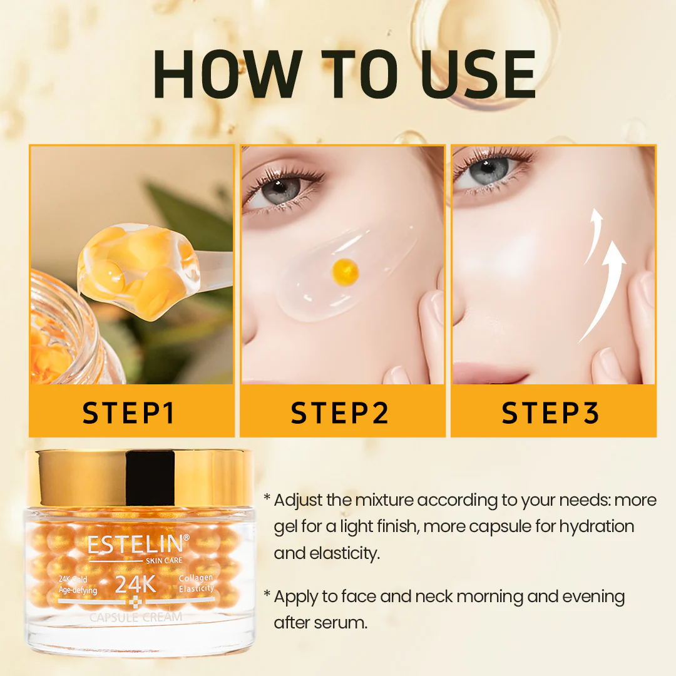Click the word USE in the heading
click(479, 74)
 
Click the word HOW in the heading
click(228, 74)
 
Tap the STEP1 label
click(128, 412)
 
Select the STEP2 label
click(339, 412)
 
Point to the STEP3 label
click(550, 412)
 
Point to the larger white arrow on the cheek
click(603, 293)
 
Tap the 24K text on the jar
click(135, 585)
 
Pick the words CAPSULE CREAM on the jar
click(136, 617)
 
